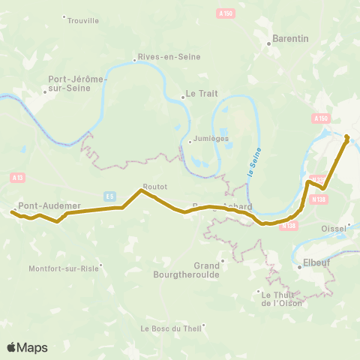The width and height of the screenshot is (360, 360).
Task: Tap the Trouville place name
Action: coord(82,20)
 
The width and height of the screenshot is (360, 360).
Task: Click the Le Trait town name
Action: coord(199,95)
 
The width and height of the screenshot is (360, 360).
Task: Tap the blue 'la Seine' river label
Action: coord(252,162)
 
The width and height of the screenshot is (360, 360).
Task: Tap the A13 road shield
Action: coord(16,177)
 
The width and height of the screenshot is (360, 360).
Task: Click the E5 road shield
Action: coord(110,195)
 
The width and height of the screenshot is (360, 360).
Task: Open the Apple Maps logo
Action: coord(27,347)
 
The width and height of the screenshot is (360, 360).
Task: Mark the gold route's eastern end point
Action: coord(346,137)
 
